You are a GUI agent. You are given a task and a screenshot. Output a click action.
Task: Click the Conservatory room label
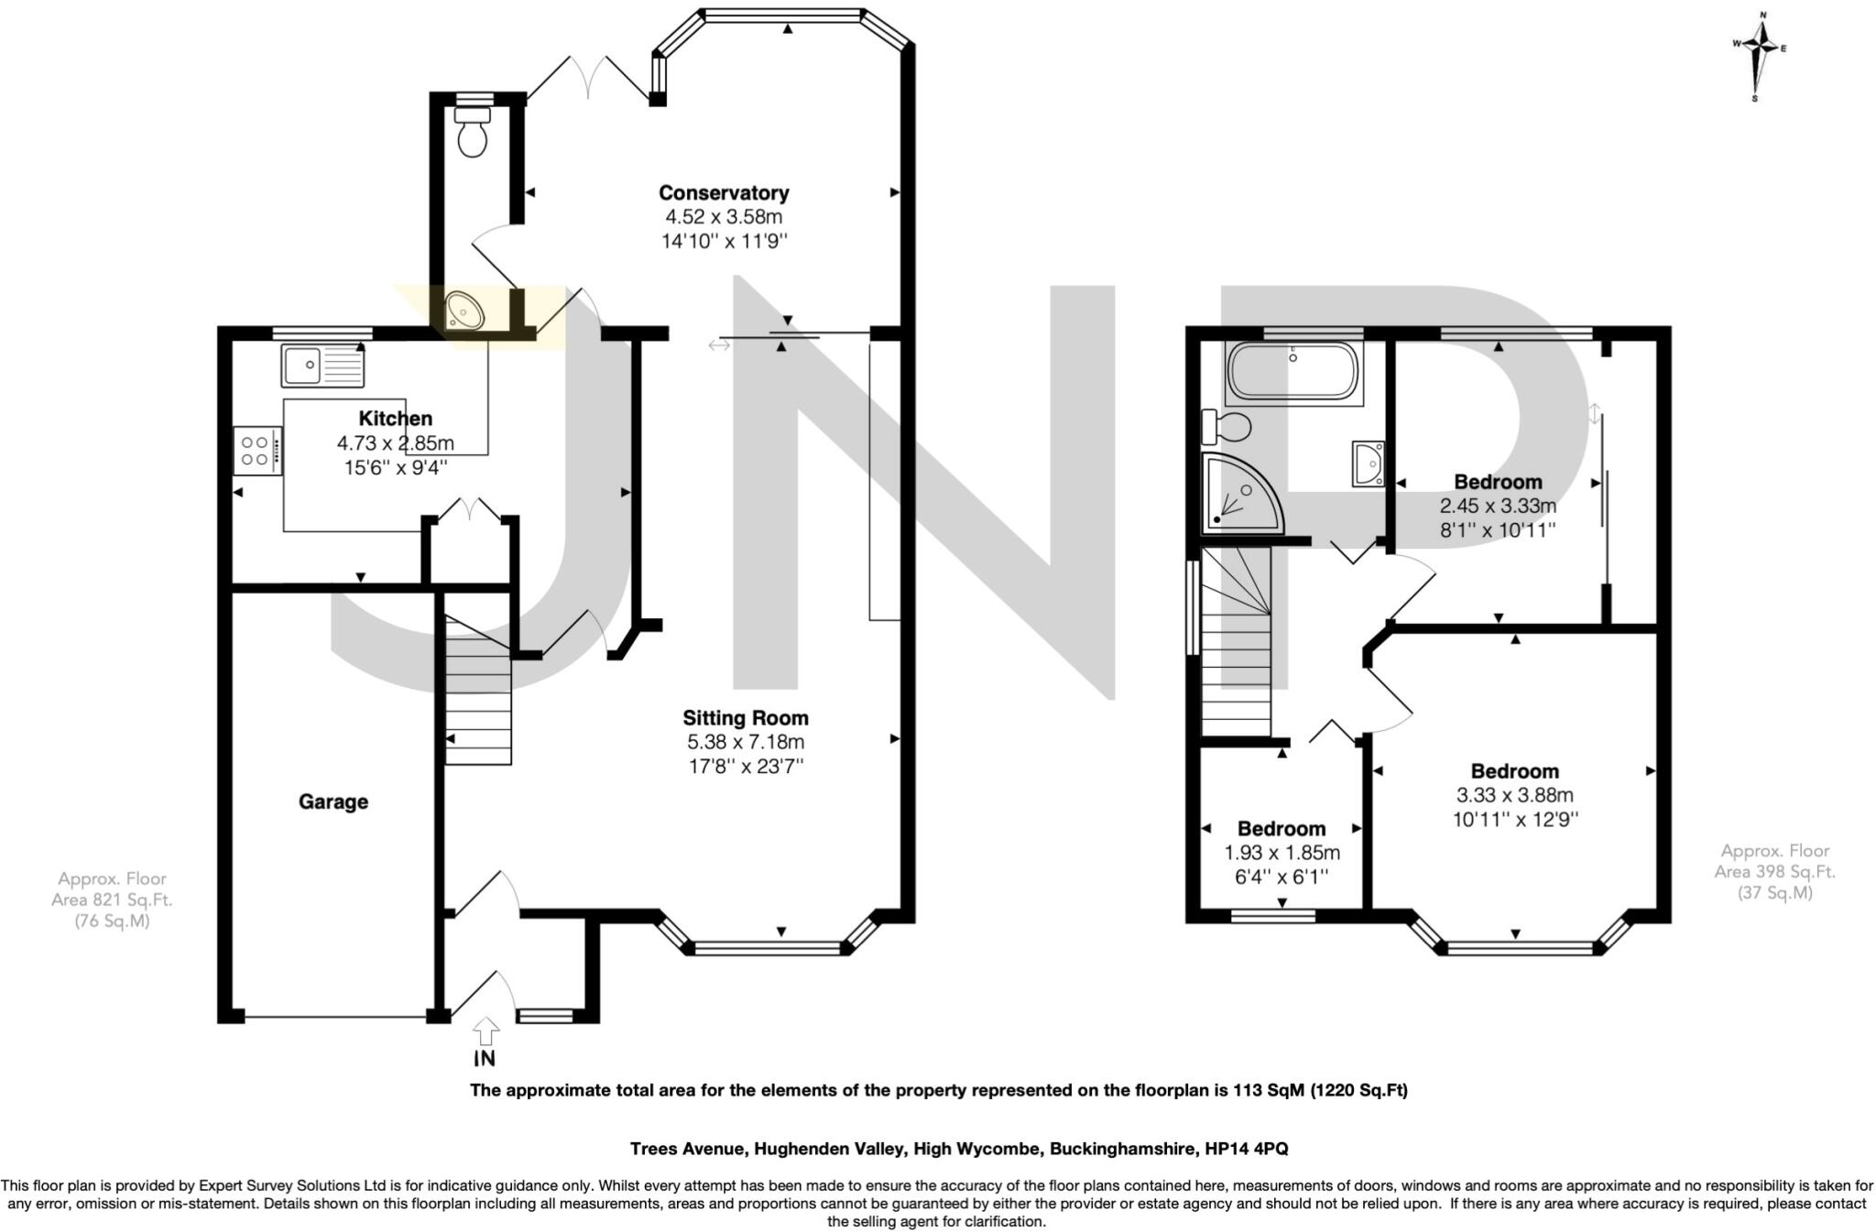tap(724, 193)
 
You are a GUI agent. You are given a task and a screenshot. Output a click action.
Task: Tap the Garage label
tap(333, 802)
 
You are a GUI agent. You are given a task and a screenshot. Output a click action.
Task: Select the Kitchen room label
tap(395, 419)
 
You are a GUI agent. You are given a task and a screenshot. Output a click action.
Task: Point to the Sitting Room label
tap(746, 718)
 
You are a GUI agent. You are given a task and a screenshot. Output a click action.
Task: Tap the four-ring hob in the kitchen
tap(256, 451)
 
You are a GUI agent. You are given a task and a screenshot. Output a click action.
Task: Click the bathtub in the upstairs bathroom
tap(1293, 371)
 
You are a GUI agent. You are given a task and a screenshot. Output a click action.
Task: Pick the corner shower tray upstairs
tap(1239, 496)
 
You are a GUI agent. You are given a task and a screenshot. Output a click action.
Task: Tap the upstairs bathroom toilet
tap(1227, 426)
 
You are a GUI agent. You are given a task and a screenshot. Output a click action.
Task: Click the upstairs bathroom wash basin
tap(1369, 463)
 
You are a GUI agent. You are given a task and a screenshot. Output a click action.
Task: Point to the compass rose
tap(1759, 70)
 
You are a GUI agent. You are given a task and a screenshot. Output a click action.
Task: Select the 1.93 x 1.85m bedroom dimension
tap(1282, 853)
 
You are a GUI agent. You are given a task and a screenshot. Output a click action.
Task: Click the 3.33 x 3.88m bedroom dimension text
tap(1515, 796)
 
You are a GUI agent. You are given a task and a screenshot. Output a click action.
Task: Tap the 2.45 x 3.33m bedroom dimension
tap(1498, 506)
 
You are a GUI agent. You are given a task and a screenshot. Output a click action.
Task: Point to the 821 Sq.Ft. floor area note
tap(112, 899)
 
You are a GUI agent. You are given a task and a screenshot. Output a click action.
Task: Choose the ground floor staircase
tap(478, 696)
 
